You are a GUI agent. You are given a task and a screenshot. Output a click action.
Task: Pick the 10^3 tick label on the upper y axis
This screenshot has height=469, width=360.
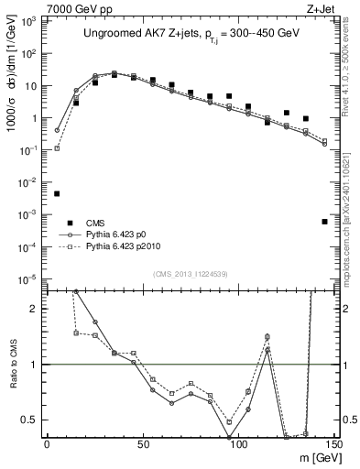click(x=29, y=21)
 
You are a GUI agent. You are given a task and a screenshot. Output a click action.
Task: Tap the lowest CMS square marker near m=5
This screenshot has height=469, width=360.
click(x=57, y=193)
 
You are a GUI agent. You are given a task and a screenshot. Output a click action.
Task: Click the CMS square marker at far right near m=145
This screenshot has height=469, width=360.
click(x=325, y=222)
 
